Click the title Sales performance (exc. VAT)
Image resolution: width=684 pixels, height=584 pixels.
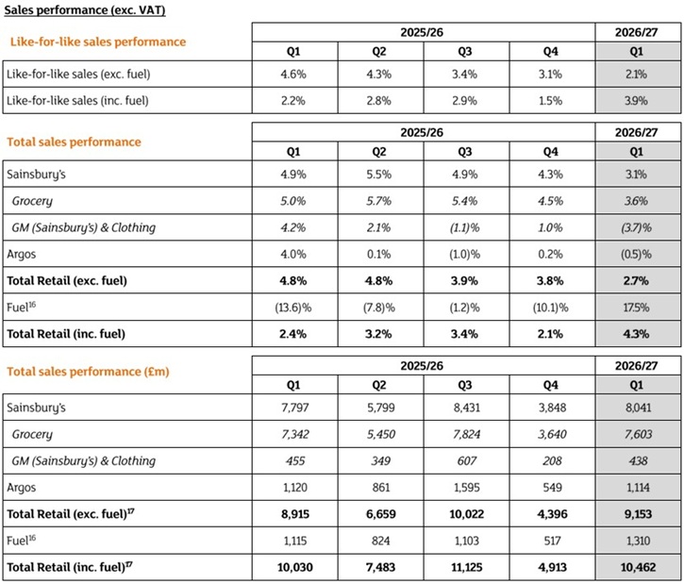85,9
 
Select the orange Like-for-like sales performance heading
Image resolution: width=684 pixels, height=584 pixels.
98,42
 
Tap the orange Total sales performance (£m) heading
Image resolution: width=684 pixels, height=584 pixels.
88,372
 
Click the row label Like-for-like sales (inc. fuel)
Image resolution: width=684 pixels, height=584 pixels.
77,101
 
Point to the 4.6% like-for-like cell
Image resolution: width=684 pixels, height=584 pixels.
293,75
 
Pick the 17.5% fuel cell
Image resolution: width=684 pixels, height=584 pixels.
636,308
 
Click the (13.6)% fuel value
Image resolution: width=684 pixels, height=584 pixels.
293,308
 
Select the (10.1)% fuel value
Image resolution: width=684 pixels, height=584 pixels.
551,308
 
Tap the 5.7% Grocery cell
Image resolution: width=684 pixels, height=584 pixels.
379,201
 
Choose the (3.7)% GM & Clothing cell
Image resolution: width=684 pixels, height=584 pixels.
636,227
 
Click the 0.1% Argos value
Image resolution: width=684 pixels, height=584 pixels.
379,255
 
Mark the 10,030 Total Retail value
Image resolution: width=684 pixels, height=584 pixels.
295,567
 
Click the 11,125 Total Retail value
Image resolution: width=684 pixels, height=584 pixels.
466,567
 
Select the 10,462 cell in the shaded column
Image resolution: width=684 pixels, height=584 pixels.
638,567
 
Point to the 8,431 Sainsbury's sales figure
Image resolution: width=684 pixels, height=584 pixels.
466,408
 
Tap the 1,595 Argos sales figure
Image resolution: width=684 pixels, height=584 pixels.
466,488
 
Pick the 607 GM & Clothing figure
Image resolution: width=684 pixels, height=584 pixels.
466,461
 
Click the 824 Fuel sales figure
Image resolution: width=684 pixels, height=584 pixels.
381,541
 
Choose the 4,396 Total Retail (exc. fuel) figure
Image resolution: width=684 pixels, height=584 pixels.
552,514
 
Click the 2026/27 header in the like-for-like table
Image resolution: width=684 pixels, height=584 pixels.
636,32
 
